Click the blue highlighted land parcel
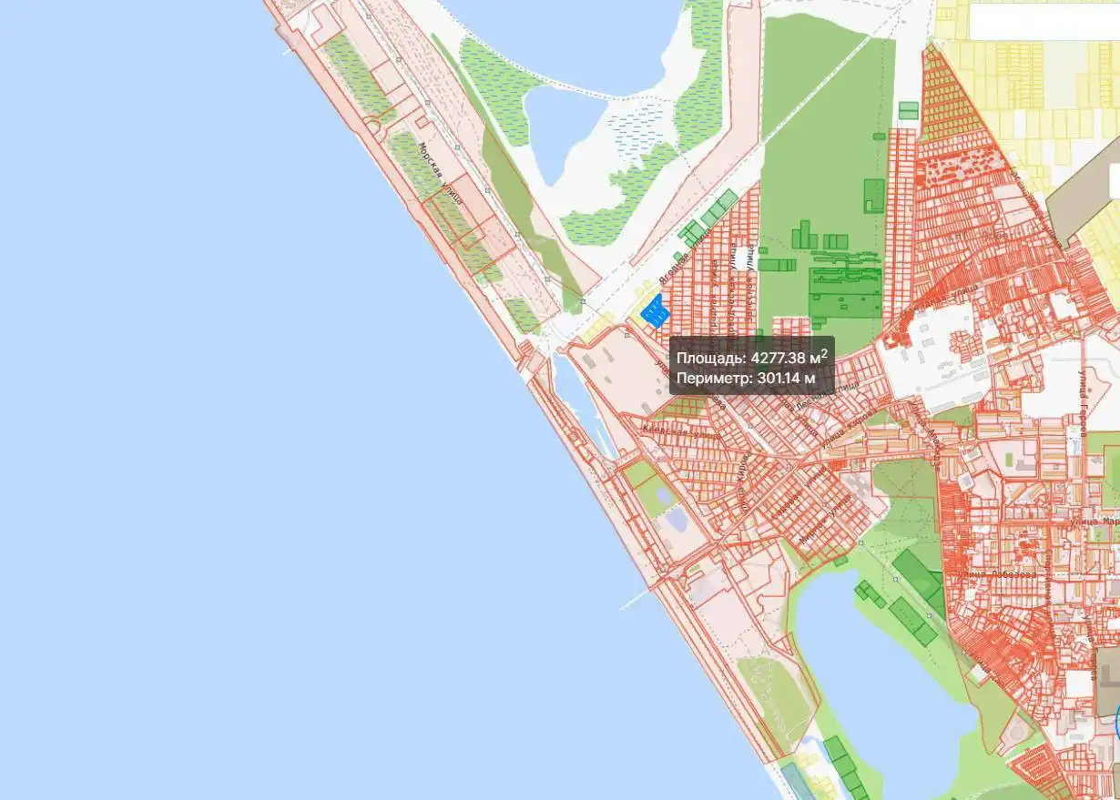(x=655, y=312)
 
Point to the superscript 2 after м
(x=824, y=352)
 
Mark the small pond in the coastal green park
(x=676, y=520)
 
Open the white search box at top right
(x=1043, y=22)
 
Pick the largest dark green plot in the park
(x=846, y=290)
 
